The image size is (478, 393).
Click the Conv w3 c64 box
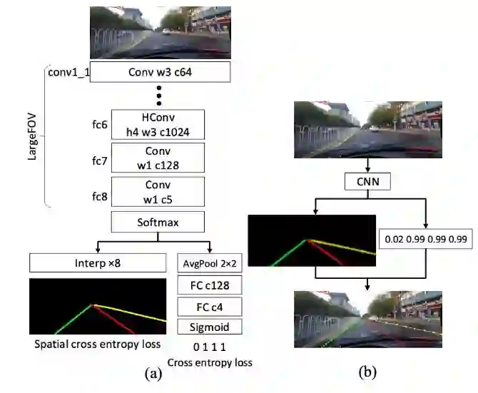[160, 72]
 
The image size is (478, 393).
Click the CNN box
[367, 182]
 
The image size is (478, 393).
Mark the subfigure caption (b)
[367, 371]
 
